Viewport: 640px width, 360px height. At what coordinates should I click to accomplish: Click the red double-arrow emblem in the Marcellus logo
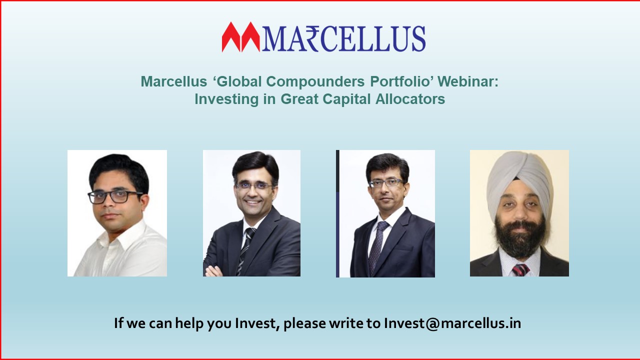point(241,37)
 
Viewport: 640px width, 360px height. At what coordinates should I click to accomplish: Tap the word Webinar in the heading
point(468,81)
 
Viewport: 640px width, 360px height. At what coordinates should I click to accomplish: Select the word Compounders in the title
point(315,82)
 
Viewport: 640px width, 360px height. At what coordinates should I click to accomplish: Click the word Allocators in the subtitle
point(410,99)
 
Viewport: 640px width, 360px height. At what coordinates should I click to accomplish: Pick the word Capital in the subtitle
point(346,99)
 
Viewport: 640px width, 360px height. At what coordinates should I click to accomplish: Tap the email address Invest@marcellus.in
point(452,323)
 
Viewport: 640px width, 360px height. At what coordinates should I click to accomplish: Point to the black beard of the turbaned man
point(520,237)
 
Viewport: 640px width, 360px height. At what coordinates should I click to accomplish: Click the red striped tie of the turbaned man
point(520,269)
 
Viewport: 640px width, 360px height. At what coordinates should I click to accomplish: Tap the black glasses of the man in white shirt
point(115,197)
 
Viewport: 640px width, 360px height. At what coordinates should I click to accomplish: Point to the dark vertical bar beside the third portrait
point(337,213)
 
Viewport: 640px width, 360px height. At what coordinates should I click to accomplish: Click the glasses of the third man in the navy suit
point(386,182)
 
